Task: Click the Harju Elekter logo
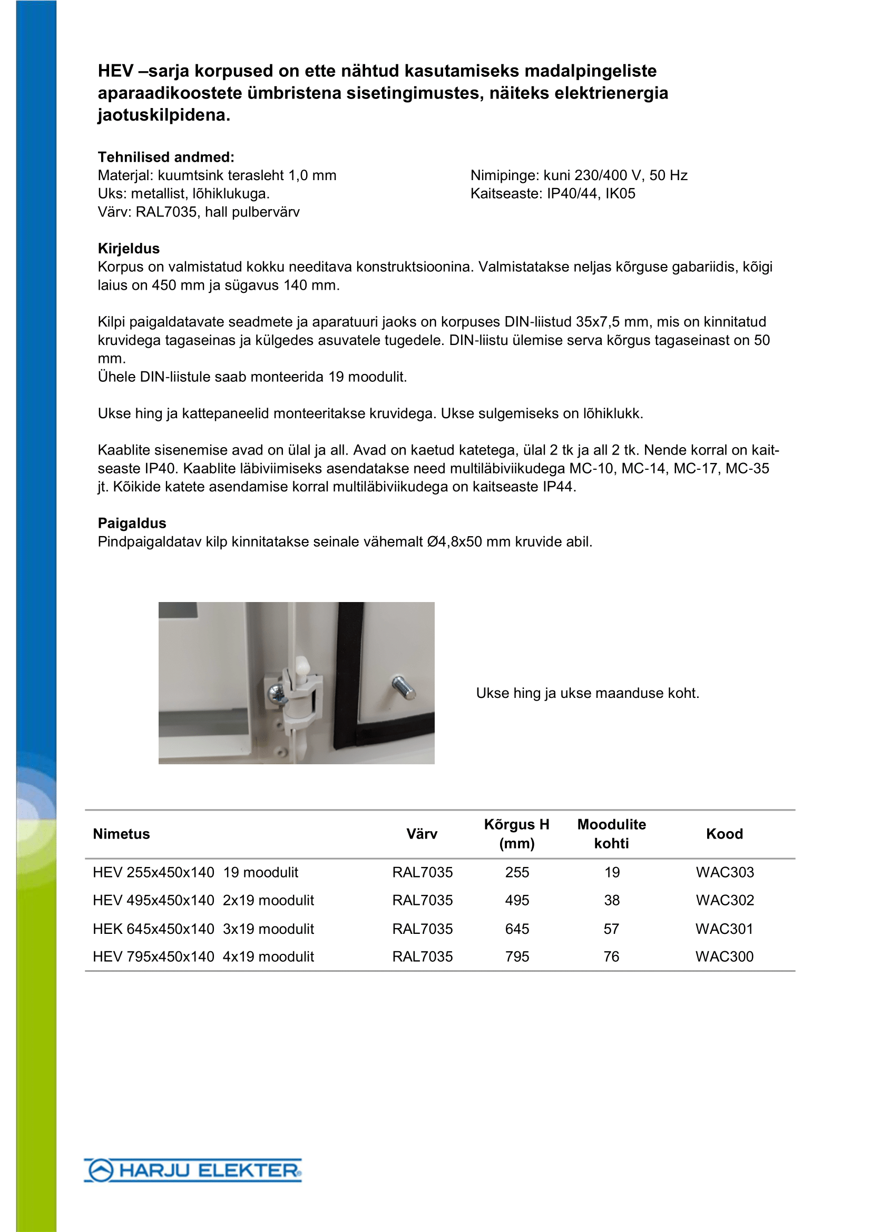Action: click(x=193, y=1170)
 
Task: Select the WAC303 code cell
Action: click(x=725, y=872)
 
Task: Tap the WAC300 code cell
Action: click(x=725, y=956)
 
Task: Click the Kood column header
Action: click(x=725, y=834)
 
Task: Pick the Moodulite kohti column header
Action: click(x=611, y=834)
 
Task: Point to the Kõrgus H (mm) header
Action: click(x=517, y=834)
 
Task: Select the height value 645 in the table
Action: click(x=517, y=929)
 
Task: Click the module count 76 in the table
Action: click(x=611, y=956)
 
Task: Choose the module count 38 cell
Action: click(x=611, y=900)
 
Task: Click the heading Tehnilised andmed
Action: click(x=166, y=157)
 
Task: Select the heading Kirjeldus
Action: click(x=129, y=249)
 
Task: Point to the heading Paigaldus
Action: click(x=132, y=523)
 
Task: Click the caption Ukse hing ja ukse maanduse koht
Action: click(x=588, y=693)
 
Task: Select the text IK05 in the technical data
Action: click(x=620, y=194)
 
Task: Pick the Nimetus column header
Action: click(x=121, y=834)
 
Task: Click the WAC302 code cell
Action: click(x=725, y=900)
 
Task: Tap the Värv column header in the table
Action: click(x=422, y=834)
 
